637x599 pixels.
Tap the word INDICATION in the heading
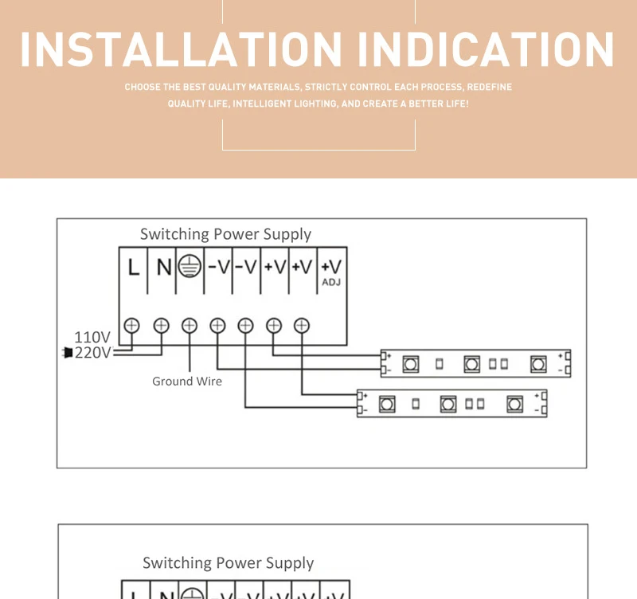pos(486,49)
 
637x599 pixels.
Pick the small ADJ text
pos(331,282)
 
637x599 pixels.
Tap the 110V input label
pos(92,337)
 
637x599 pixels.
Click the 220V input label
pos(92,352)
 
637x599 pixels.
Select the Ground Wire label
pos(187,382)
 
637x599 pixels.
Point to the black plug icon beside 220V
pos(68,352)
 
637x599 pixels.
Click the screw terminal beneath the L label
pos(132,325)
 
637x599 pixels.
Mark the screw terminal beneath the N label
pos(161,325)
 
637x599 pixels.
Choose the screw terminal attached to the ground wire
pos(189,325)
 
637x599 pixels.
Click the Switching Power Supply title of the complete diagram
pos(225,234)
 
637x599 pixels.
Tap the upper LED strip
pos(475,363)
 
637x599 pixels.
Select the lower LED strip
pos(451,403)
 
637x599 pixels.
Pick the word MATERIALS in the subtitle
pos(274,87)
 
